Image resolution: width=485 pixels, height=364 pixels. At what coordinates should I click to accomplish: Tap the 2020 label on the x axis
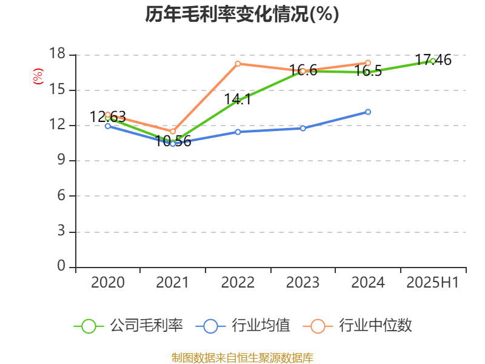108,282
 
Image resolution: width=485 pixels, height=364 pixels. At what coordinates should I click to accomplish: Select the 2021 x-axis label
173,282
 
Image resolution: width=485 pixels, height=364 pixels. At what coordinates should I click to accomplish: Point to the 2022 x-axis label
238,282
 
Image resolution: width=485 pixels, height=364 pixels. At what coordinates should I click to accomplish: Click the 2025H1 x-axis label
433,282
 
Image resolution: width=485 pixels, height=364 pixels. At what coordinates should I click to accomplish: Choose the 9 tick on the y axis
61,161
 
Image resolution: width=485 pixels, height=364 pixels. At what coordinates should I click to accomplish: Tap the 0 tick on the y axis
61,266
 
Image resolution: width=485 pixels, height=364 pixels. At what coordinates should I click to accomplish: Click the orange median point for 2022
238,64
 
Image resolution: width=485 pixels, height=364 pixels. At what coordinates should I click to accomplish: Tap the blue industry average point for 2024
368,112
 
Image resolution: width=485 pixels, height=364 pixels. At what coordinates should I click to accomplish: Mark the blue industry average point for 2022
238,132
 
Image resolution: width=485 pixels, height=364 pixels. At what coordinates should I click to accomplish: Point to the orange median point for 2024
368,62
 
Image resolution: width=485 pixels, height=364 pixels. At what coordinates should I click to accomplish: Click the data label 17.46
433,60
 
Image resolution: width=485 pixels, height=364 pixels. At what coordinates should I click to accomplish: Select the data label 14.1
238,99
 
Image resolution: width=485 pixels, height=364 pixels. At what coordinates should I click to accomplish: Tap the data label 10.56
173,141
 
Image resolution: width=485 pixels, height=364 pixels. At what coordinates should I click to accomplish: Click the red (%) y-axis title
38,76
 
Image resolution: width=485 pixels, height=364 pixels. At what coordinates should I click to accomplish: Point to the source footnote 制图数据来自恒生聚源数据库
242,358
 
